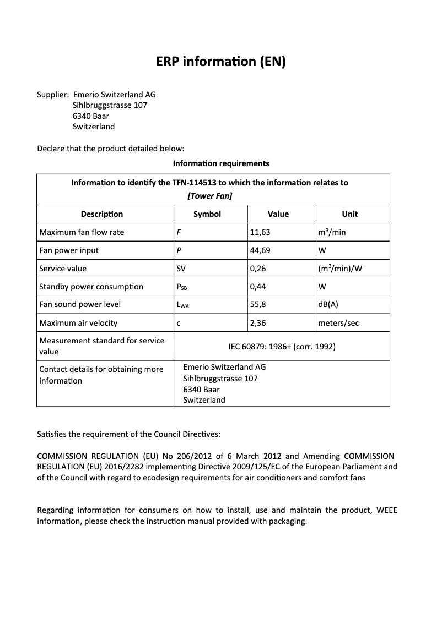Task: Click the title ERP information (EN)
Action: tap(221, 62)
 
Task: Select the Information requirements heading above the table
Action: tap(221, 163)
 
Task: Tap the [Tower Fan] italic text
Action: tap(209, 196)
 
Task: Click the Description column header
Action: tap(102, 214)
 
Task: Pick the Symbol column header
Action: tap(207, 214)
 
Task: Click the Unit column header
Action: tap(350, 214)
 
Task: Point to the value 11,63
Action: tap(260, 232)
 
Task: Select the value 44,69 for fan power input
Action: tap(260, 250)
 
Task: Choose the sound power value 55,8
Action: tap(258, 304)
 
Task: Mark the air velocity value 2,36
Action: tap(258, 323)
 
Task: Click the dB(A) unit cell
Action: tap(328, 304)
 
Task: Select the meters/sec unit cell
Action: tap(338, 323)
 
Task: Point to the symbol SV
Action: tap(181, 269)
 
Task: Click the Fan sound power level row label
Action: tap(80, 304)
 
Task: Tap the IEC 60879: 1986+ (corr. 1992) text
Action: tap(282, 347)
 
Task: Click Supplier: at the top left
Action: tap(52, 95)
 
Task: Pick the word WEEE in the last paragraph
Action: tap(386, 510)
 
